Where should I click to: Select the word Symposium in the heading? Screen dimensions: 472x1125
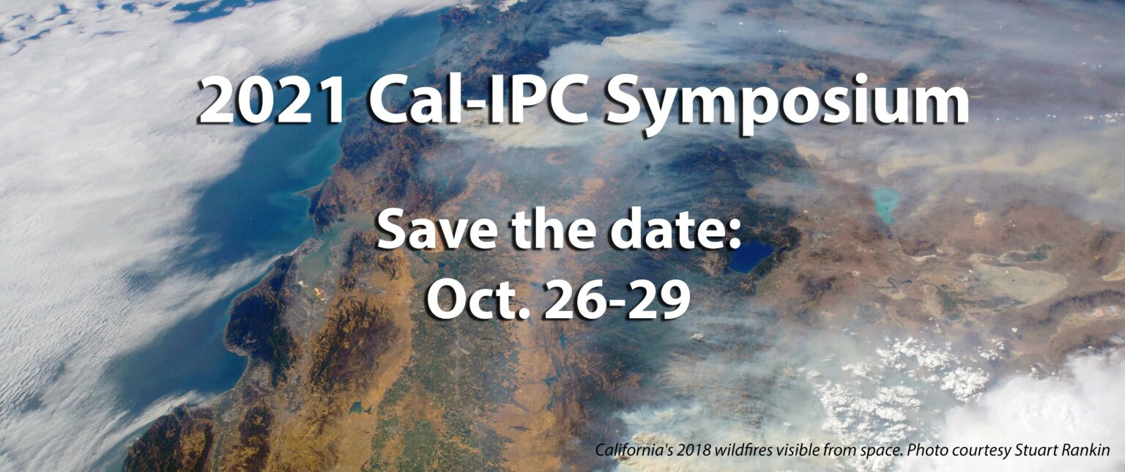tap(787, 103)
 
